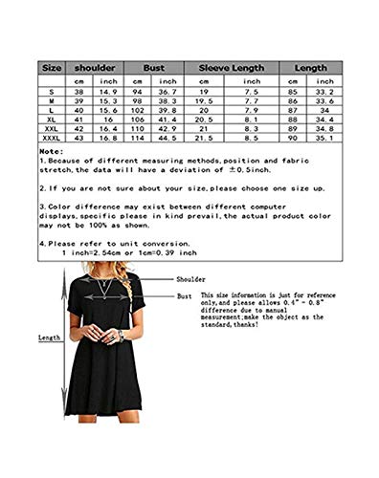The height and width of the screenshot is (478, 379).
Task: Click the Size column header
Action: (52, 69)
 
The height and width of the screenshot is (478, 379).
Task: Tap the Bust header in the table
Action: (154, 69)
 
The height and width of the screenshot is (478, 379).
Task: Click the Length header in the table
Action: (311, 69)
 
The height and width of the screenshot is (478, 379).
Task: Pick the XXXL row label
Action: (52, 138)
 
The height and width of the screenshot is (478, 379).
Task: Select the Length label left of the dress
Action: (49, 337)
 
